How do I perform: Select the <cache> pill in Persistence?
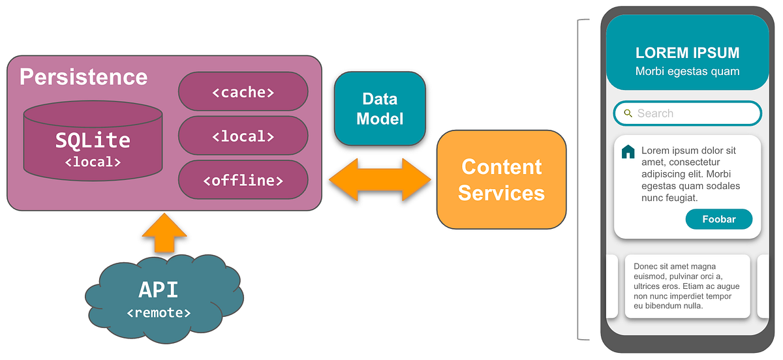tap(243, 92)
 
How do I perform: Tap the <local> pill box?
tap(243, 136)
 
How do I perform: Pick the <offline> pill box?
tap(243, 180)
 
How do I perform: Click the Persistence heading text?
tap(84, 77)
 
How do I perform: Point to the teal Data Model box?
tap(380, 108)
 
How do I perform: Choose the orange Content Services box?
tap(501, 180)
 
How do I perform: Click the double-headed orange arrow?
tap(380, 179)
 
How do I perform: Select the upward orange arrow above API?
tap(164, 233)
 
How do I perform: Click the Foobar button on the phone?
tap(718, 219)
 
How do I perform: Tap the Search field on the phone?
tap(687, 113)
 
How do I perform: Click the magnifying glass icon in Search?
tap(628, 113)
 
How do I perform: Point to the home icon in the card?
tap(628, 152)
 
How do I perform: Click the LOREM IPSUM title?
tap(687, 53)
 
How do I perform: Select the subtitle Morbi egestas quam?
tap(687, 71)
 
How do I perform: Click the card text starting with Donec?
tap(686, 286)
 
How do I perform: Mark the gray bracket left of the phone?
tap(580, 179)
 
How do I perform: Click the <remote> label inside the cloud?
tap(159, 313)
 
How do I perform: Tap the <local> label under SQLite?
tap(93, 161)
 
